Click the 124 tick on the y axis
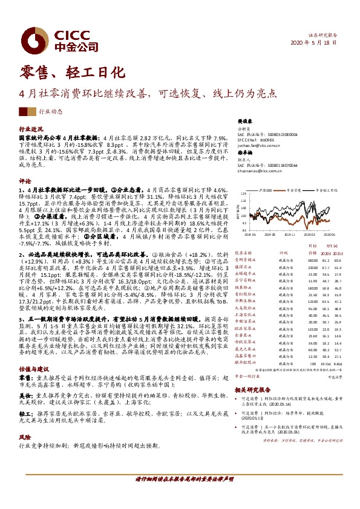(x=243, y=194)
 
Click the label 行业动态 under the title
(x=51, y=112)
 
